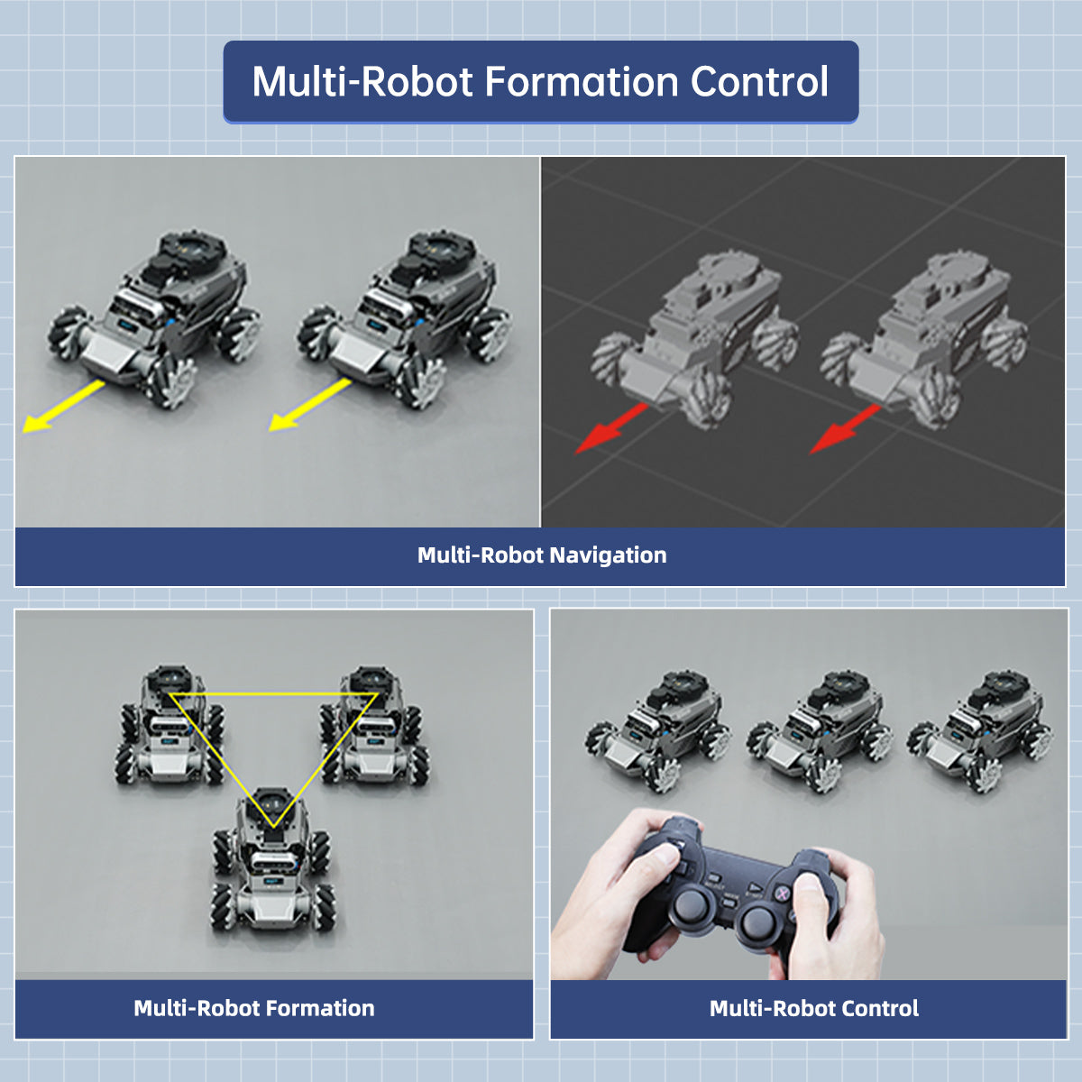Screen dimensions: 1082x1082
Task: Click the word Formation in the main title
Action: pyautogui.click(x=582, y=82)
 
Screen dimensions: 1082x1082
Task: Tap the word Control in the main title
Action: pyautogui.click(x=759, y=82)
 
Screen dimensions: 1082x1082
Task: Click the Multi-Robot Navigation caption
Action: pyautogui.click(x=541, y=555)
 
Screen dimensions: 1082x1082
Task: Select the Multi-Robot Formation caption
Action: pyautogui.click(x=253, y=1008)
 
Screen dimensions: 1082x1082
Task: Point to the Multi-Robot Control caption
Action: pyautogui.click(x=813, y=1008)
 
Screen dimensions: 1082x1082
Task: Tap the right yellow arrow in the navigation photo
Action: pyautogui.click(x=309, y=405)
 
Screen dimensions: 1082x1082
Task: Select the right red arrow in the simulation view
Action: pyautogui.click(x=844, y=429)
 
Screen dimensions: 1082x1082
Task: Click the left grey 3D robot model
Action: pyautogui.click(x=694, y=343)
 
